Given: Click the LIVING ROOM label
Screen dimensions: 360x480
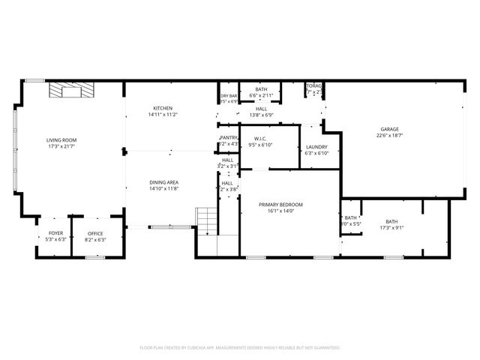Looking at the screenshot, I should click(x=61, y=140).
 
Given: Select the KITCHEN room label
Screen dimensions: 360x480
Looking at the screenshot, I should click(x=163, y=108).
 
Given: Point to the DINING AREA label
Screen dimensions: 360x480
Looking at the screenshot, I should click(x=163, y=182).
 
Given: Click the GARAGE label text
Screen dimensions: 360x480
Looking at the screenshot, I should click(x=388, y=129).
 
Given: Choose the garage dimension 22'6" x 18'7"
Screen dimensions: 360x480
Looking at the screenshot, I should click(x=388, y=136).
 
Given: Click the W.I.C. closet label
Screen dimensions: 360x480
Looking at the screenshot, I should click(x=261, y=138).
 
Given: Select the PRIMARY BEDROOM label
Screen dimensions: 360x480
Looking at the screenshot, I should click(x=280, y=205).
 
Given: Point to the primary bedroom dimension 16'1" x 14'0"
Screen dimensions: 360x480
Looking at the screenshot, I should click(x=280, y=211).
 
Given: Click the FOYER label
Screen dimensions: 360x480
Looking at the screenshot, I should click(x=56, y=233).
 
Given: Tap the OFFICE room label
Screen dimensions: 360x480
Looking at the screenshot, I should click(x=95, y=233).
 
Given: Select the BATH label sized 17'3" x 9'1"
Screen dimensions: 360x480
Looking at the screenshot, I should click(x=391, y=221).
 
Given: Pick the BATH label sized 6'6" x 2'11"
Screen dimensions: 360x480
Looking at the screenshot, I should click(x=261, y=90).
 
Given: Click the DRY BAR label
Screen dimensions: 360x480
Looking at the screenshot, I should click(x=229, y=95).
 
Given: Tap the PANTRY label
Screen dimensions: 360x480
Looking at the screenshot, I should click(x=229, y=138).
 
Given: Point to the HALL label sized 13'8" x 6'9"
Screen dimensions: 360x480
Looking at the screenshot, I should click(x=261, y=109).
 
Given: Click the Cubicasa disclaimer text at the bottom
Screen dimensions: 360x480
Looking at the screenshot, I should click(x=240, y=348).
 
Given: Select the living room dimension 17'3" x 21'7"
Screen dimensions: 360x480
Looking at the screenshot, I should click(x=61, y=147).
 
